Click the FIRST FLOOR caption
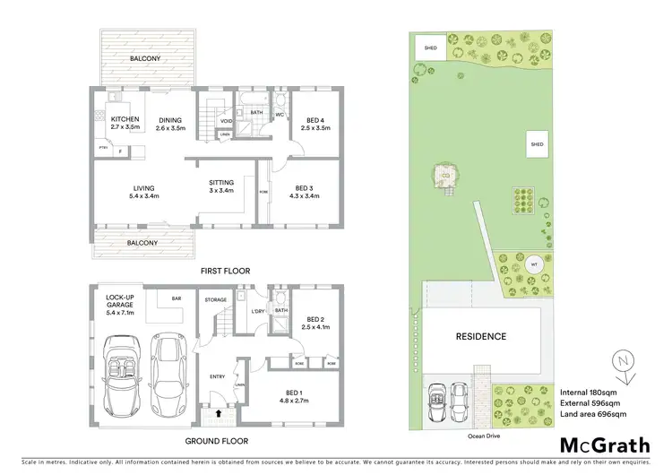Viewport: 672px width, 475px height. tap(225, 270)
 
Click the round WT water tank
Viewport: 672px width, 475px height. tap(510, 265)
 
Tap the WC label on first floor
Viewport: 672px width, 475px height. tap(279, 115)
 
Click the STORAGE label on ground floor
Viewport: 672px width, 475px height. tap(214, 299)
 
